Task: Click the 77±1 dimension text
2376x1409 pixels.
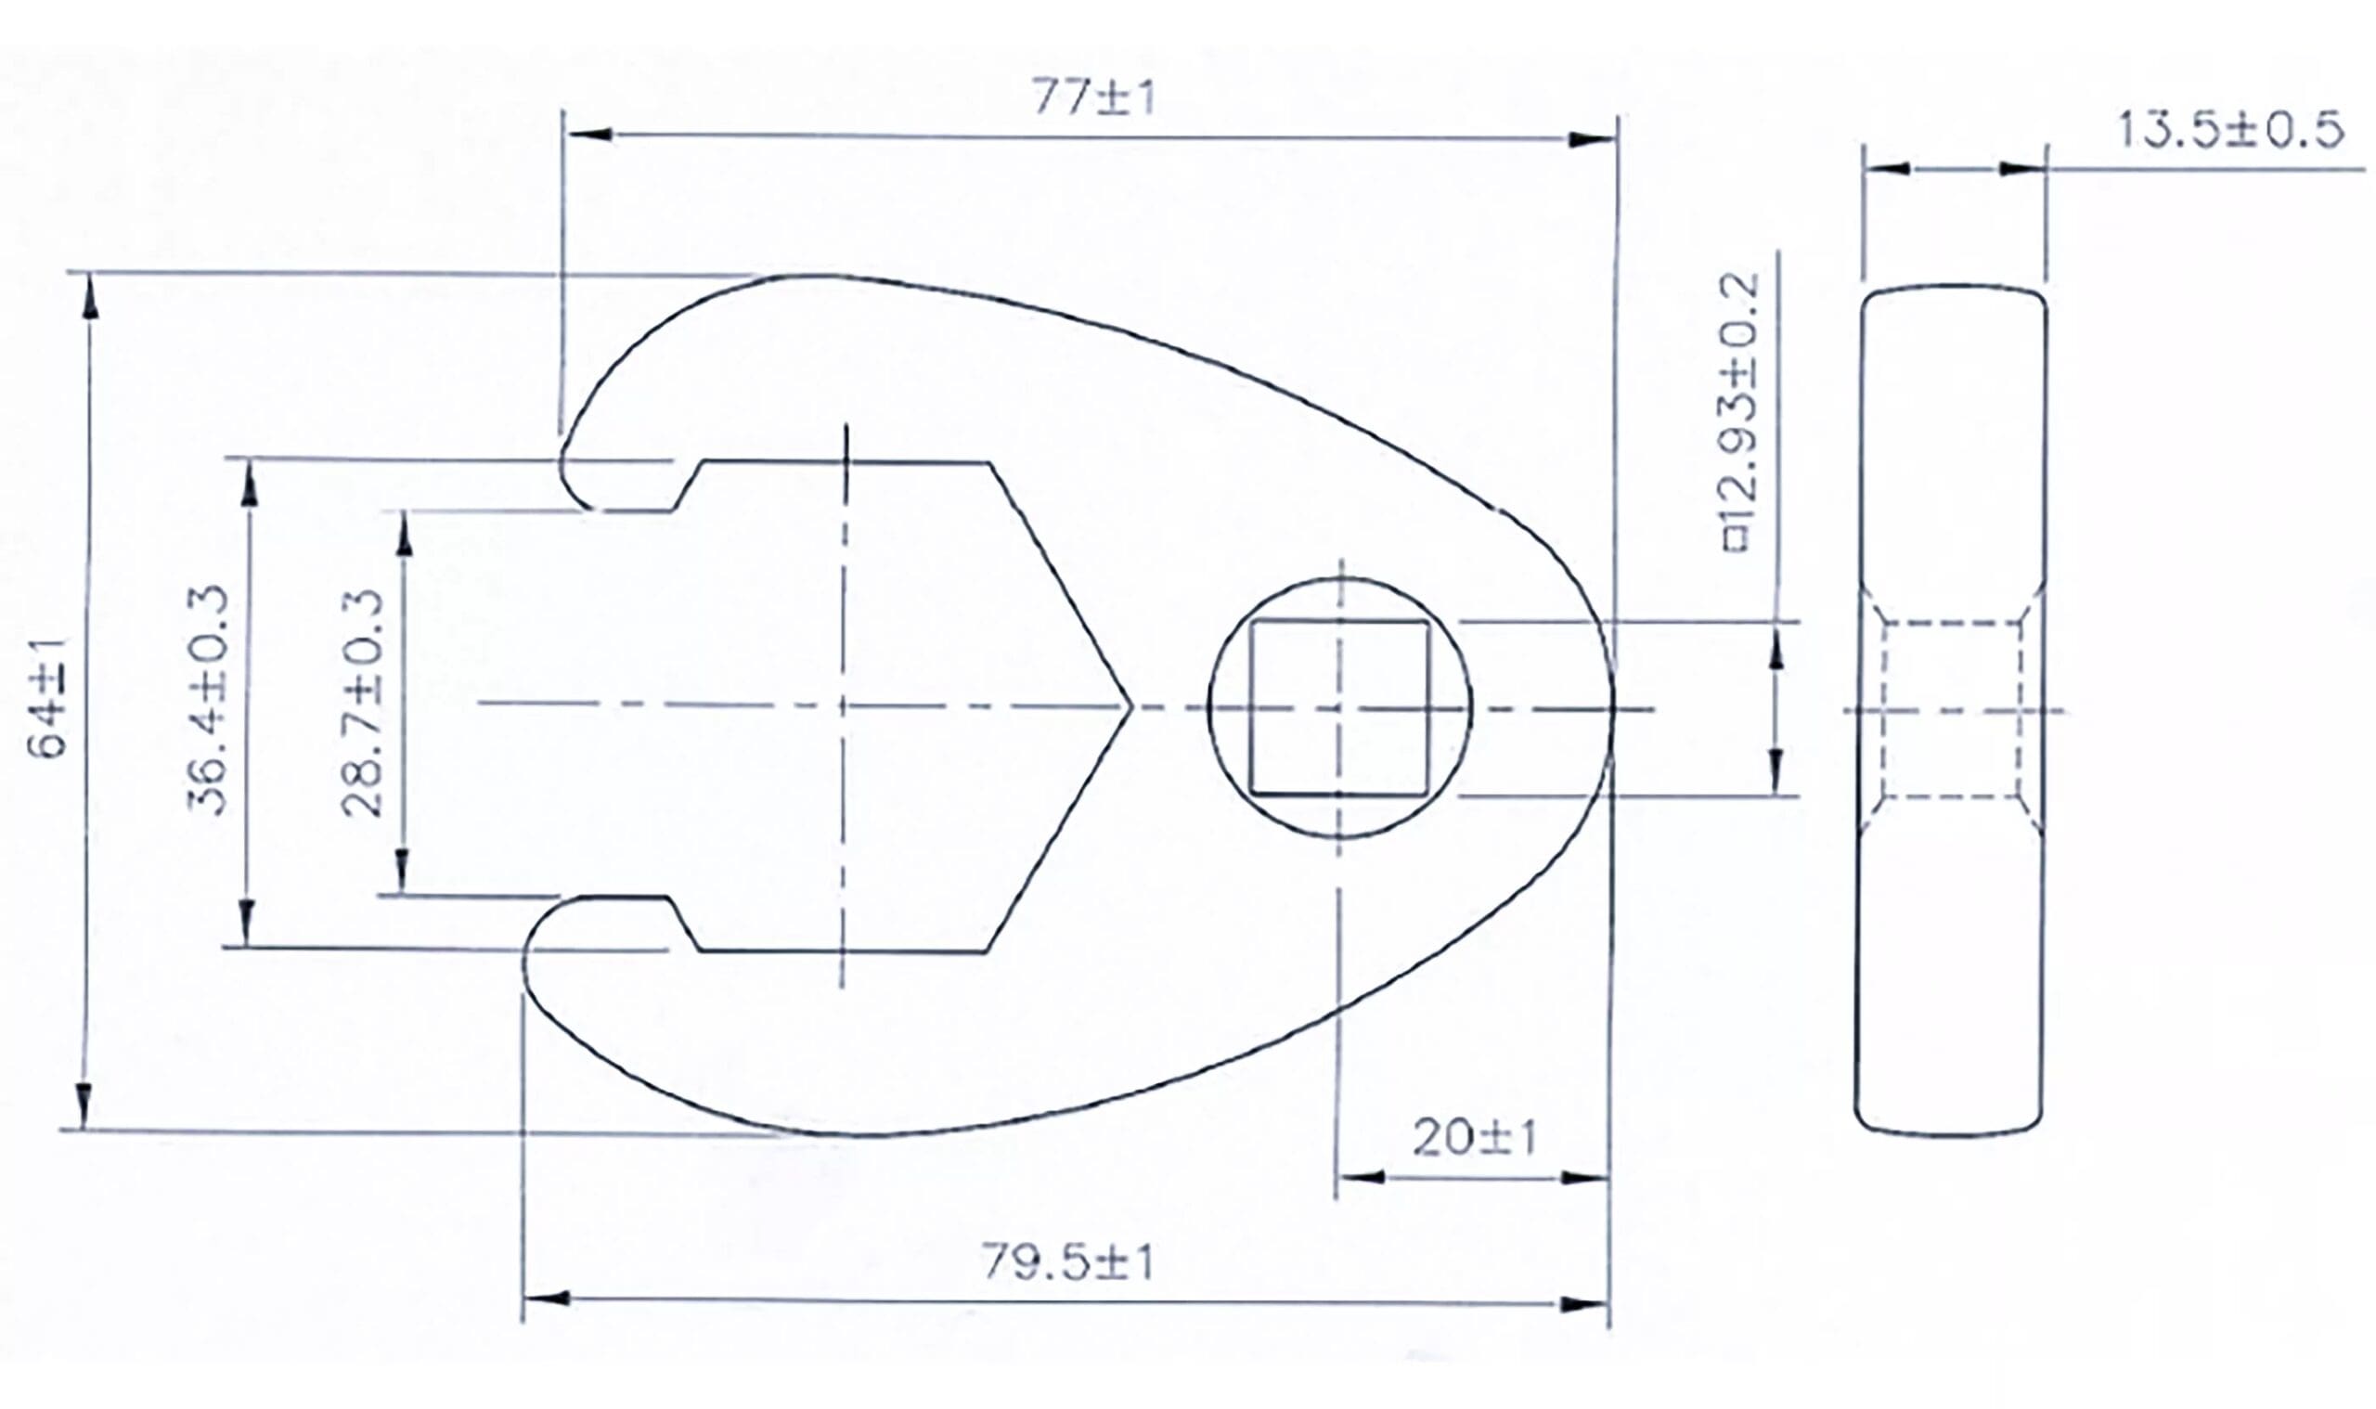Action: click(x=1093, y=97)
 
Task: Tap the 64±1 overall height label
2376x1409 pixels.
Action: click(x=47, y=699)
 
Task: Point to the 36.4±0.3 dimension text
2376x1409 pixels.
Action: click(x=208, y=701)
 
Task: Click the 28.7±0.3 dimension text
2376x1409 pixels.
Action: click(x=363, y=703)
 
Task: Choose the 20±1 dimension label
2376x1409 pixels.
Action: click(x=1474, y=1137)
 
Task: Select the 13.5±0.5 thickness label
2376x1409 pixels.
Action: click(x=2229, y=130)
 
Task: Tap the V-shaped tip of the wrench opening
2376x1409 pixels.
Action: click(x=1130, y=705)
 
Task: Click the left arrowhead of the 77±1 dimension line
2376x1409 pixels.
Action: click(x=588, y=135)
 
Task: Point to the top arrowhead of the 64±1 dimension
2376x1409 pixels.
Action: click(x=90, y=297)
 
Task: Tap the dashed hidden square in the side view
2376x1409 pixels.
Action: click(x=1952, y=709)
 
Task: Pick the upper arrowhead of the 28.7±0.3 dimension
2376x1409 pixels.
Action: click(x=404, y=536)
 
